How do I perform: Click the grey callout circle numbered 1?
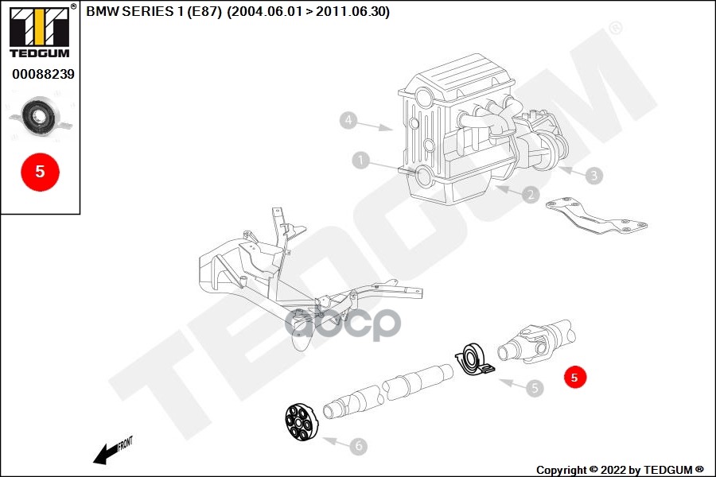tap(361, 161)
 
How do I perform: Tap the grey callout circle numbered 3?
tap(593, 176)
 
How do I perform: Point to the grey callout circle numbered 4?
tap(347, 121)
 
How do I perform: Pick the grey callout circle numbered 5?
tap(535, 388)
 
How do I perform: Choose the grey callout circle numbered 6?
tap(359, 446)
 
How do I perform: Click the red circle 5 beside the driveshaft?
tap(575, 377)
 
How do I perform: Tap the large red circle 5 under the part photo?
tap(40, 170)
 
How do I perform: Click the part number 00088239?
tap(43, 74)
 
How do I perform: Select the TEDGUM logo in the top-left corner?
tap(39, 32)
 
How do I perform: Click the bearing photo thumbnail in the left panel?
tap(40, 118)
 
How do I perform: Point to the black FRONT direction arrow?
tap(111, 451)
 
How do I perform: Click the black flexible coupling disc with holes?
tap(302, 421)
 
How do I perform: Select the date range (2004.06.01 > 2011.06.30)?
tap(308, 12)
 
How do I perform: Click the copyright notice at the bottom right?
tap(620, 470)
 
